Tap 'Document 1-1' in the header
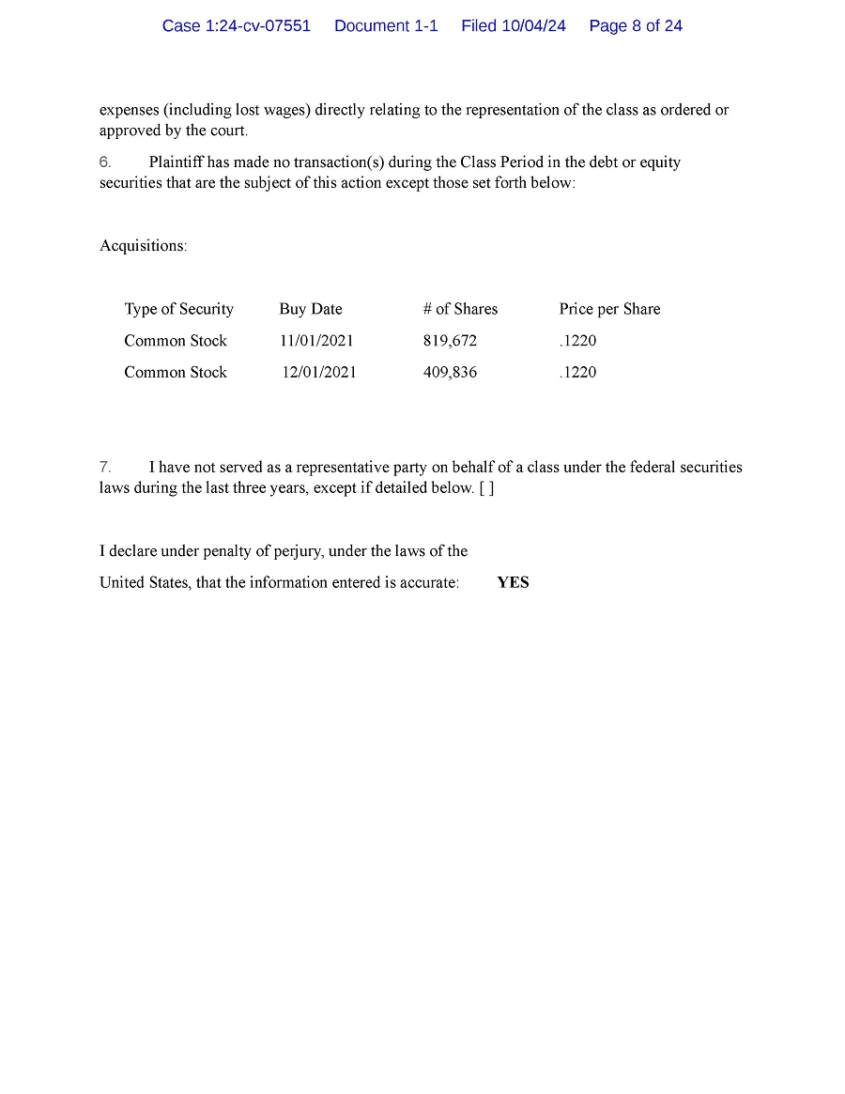[x=386, y=26]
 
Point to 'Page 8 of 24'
[x=636, y=26]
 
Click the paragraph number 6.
[x=105, y=162]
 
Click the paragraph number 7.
[x=105, y=467]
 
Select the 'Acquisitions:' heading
[x=144, y=246]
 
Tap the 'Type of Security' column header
[x=178, y=309]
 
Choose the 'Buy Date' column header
[x=311, y=309]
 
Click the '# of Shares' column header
[x=460, y=309]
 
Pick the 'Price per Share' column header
[x=609, y=309]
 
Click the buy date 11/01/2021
[x=316, y=341]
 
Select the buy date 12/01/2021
[x=319, y=373]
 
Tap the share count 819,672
[x=450, y=341]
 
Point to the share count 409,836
[x=450, y=373]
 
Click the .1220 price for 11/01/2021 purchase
[x=577, y=341]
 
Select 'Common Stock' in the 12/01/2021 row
[x=176, y=373]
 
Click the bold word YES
[x=513, y=583]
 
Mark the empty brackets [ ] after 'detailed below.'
[x=486, y=488]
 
